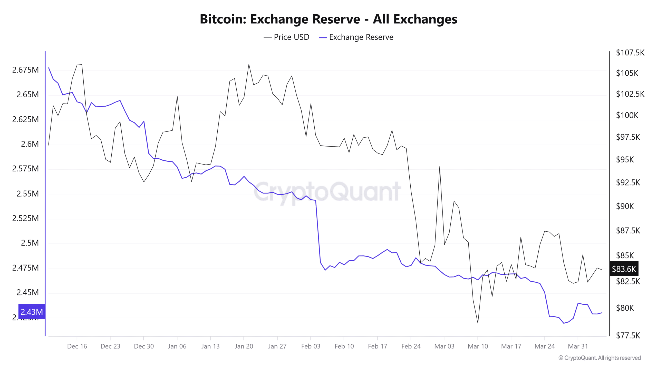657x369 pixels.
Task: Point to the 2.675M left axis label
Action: (x=25, y=70)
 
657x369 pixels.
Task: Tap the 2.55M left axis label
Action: (x=27, y=193)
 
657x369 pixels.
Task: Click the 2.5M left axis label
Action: (x=30, y=243)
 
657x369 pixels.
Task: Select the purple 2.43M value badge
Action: (x=32, y=312)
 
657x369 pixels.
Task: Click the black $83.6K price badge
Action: (x=624, y=269)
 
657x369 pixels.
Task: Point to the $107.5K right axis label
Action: (x=630, y=53)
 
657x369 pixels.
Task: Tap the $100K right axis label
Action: (x=627, y=115)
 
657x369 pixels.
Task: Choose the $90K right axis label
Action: (x=625, y=206)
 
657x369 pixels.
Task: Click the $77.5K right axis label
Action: (x=628, y=335)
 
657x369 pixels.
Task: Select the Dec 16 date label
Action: (x=77, y=346)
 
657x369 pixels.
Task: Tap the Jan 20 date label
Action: (x=244, y=346)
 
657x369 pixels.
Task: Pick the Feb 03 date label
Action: (x=311, y=346)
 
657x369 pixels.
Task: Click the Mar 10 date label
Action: (x=478, y=346)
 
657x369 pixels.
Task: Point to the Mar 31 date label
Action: (x=578, y=346)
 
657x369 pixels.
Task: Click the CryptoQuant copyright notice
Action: (x=600, y=358)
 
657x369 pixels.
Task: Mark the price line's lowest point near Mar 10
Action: (x=478, y=323)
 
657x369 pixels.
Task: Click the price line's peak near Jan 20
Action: (x=249, y=64)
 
